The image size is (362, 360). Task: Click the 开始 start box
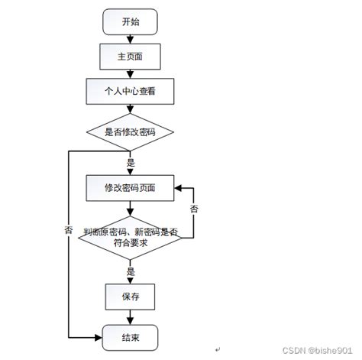131,22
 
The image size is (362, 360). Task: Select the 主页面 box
131,56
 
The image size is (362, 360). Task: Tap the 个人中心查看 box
131,92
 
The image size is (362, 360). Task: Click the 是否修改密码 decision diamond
131,131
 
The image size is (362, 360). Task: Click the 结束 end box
131,336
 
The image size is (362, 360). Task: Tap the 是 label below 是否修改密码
131,162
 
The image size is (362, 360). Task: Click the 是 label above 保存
131,270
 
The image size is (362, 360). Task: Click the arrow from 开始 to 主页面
131,39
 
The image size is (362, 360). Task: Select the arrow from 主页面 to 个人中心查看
131,74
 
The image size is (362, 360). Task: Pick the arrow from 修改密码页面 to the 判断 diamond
131,207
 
